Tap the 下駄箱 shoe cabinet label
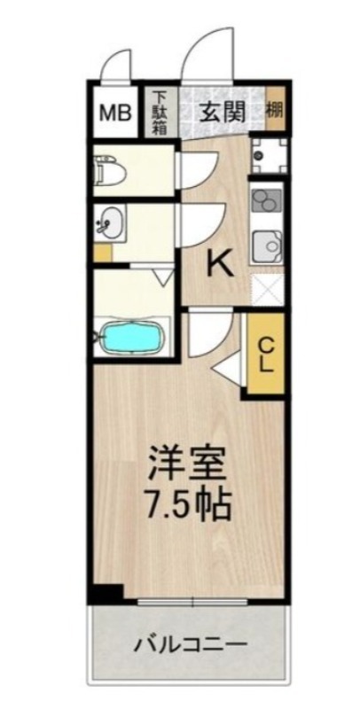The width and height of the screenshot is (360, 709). click(160, 113)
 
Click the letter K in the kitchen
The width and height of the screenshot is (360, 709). click(220, 261)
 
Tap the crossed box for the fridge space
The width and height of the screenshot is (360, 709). click(266, 289)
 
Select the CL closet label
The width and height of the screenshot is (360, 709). click(266, 353)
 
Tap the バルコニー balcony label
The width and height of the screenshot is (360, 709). click(188, 644)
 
